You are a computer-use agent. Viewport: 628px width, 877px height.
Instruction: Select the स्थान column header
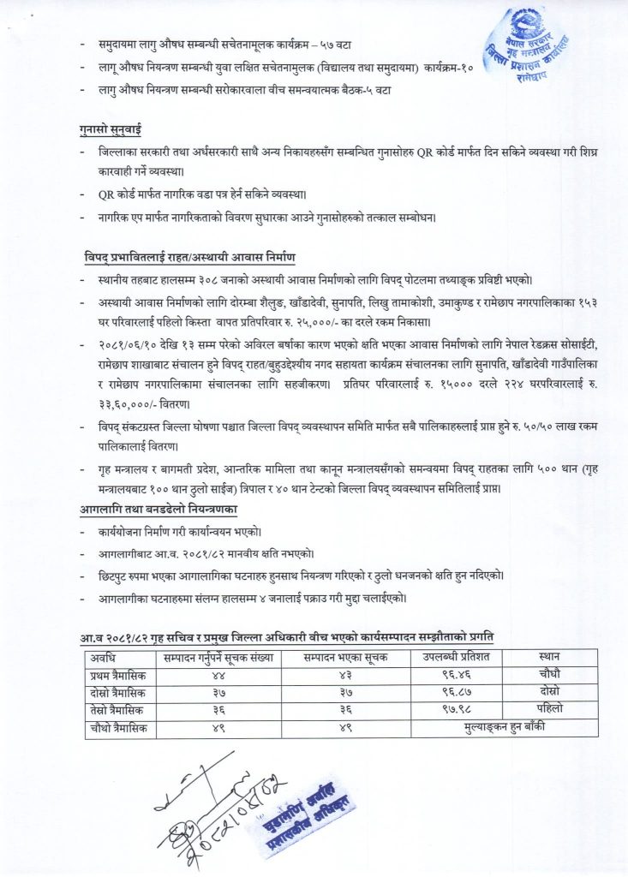pyautogui.click(x=549, y=657)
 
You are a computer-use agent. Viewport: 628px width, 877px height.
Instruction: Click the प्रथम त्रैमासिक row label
pyautogui.click(x=119, y=674)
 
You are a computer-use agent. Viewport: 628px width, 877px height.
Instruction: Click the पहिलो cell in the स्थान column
pyautogui.click(x=549, y=709)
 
